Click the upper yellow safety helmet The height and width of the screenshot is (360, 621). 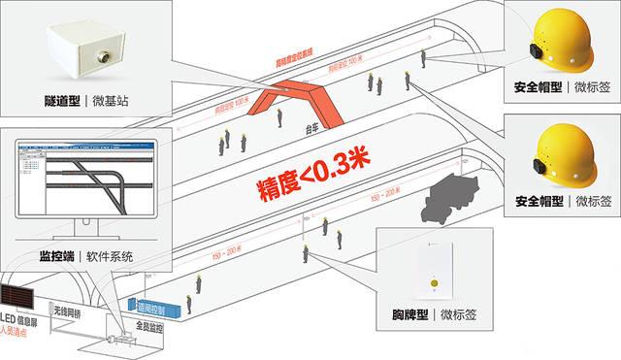click(562, 40)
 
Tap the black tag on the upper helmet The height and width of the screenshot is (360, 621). click(534, 52)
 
